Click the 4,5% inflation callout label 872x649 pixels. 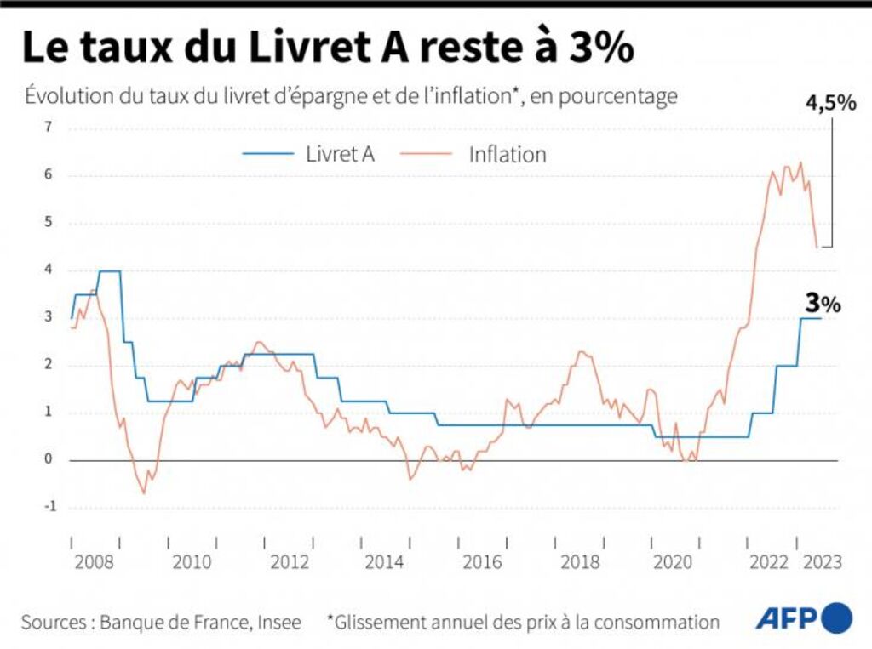click(829, 103)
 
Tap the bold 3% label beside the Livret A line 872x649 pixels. click(823, 303)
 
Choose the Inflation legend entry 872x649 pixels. click(508, 154)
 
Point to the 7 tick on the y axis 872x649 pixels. click(48, 128)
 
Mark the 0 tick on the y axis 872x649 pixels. click(49, 459)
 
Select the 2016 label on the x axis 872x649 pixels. click(482, 562)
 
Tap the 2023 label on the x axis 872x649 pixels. click(823, 562)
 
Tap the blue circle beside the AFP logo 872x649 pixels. click(836, 618)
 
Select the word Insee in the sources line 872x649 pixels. click(278, 622)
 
